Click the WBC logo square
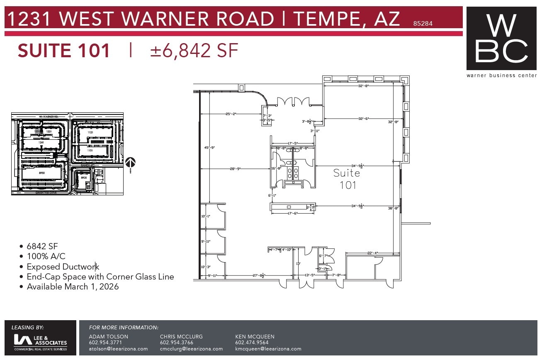click(501, 39)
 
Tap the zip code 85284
click(423, 24)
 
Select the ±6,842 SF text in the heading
click(194, 51)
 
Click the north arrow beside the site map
click(130, 163)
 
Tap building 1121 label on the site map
click(90, 132)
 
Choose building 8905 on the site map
click(84, 178)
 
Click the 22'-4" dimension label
click(372, 253)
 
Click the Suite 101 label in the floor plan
click(347, 179)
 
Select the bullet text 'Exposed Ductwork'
click(63, 267)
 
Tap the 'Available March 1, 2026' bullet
click(73, 287)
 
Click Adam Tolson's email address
click(118, 349)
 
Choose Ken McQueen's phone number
click(252, 343)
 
